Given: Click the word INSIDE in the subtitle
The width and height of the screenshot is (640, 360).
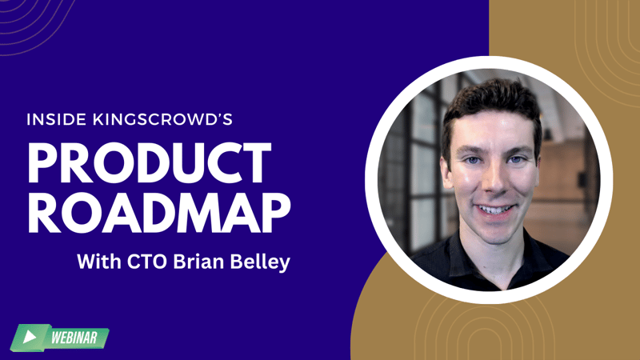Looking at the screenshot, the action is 57,119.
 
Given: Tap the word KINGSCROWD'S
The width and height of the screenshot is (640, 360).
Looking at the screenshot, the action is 163,119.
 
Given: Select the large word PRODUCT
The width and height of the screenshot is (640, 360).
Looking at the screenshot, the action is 150,163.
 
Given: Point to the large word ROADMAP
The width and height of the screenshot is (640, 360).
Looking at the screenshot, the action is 159,212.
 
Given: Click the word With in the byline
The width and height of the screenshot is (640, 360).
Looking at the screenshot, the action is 99,262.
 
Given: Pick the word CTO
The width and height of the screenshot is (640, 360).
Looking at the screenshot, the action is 147,262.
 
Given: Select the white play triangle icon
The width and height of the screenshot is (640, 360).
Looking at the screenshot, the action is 29,337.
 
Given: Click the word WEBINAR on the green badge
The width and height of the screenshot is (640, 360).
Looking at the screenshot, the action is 74,338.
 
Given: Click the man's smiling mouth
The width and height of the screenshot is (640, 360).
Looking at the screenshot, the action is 494,210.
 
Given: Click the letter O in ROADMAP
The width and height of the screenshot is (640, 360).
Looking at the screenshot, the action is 84,213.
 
